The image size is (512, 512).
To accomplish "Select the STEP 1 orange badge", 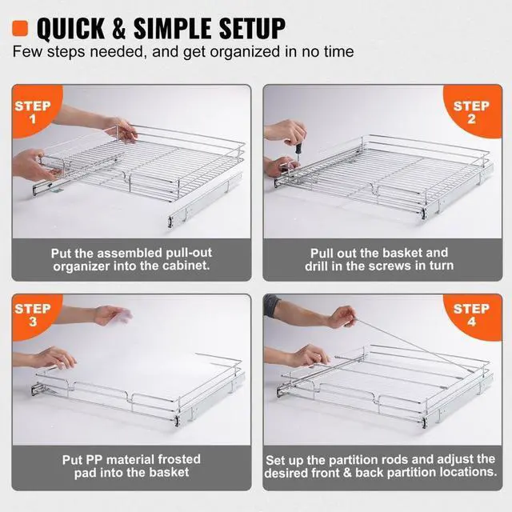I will click(x=32, y=111).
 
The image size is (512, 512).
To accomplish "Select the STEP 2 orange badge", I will click(x=471, y=111).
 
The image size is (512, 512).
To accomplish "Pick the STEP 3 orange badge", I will click(x=32, y=314).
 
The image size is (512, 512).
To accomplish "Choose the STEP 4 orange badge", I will click(x=471, y=314).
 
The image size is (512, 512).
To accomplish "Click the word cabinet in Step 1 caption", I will click(x=186, y=266).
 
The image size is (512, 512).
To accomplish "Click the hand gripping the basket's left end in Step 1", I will click(x=34, y=165).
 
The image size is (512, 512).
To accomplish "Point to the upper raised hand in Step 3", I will click(x=112, y=315).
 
